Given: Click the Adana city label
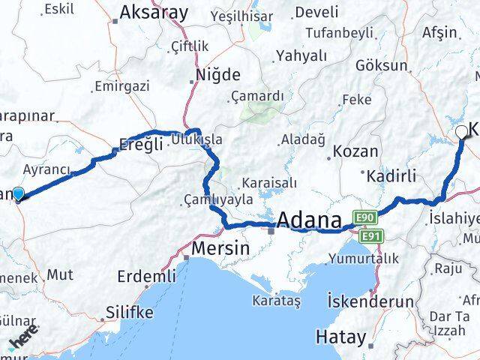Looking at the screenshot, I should pos(312,220).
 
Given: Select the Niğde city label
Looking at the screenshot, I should pos(217,75).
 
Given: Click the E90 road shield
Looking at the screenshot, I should pos(365,217).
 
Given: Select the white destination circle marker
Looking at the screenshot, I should pos(461,133).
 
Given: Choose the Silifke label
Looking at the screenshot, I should pos(130,312).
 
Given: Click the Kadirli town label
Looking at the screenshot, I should pos(392,177).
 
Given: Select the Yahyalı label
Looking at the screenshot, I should pos(301,55).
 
